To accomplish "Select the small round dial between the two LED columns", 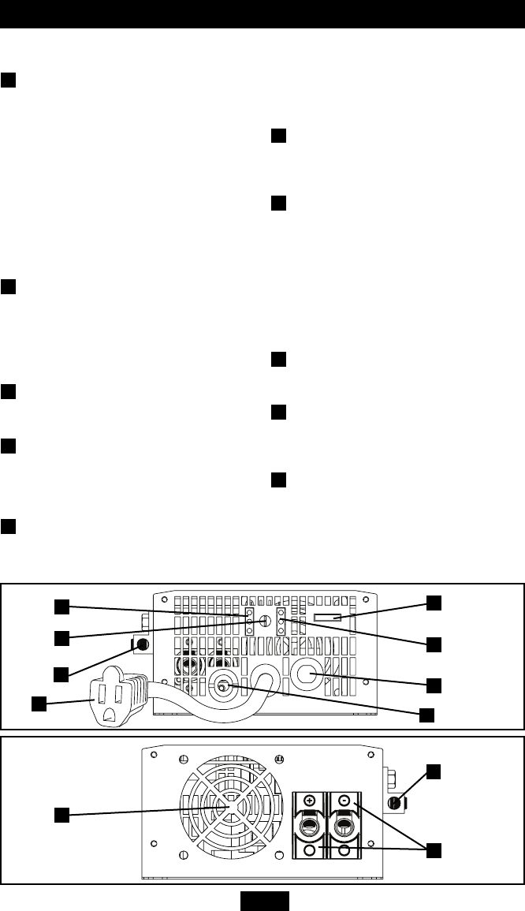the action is pos(266,621).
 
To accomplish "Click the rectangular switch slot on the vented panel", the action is pos(326,615).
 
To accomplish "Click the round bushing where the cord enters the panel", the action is pos(223,687).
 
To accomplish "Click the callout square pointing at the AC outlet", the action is pos(38,703).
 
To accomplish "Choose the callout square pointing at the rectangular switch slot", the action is pos(434,602).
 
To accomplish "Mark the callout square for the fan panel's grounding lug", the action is pos(434,771).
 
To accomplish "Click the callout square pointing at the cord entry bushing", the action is pos(426,715).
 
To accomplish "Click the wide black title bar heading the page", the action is pos(262,14).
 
